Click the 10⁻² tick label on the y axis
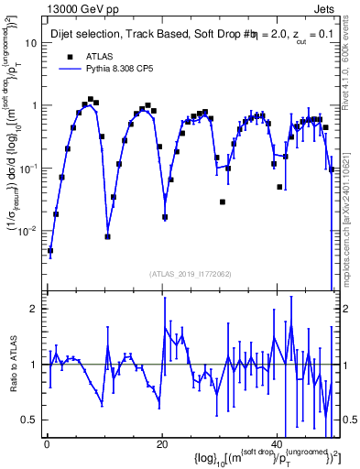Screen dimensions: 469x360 click(x=27, y=231)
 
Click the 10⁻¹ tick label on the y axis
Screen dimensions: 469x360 click(x=27, y=169)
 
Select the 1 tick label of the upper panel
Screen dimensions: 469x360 click(x=34, y=105)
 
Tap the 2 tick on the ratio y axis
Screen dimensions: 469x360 click(x=34, y=309)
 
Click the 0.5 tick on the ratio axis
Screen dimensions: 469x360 click(x=30, y=420)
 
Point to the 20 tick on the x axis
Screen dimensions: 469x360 click(x=162, y=444)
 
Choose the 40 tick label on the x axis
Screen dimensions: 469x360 click(x=278, y=444)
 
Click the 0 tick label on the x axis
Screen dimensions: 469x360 click(x=47, y=444)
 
